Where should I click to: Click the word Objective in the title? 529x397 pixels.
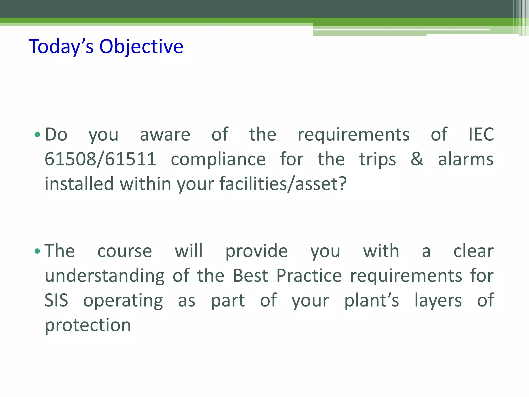click(141, 47)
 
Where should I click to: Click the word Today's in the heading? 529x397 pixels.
click(61, 47)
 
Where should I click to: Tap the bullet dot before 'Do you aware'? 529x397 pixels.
click(37, 135)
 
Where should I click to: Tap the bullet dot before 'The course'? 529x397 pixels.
click(37, 251)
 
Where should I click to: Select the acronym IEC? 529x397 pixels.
click(481, 134)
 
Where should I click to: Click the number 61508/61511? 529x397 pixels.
click(100, 159)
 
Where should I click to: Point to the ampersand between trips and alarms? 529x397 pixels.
click(417, 159)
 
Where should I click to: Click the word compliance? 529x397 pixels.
click(218, 159)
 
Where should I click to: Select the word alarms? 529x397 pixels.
click(466, 159)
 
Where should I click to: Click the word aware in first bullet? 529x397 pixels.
click(165, 135)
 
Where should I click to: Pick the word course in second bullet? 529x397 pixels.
click(125, 251)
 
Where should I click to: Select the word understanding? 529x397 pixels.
click(105, 276)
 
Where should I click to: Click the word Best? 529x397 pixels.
click(250, 276)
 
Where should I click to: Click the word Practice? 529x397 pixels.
click(309, 276)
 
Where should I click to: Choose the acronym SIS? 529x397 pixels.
click(56, 300)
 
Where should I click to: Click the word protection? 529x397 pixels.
click(88, 325)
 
